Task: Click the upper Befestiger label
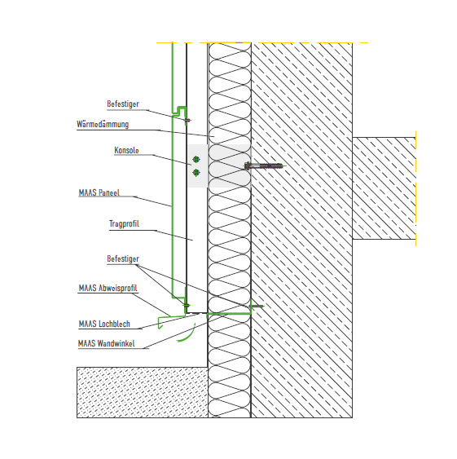(x=123, y=104)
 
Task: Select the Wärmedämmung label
(x=103, y=124)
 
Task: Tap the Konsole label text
(x=126, y=150)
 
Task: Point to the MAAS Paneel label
(x=99, y=192)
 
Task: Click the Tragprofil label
(x=124, y=223)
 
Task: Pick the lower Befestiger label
(x=123, y=258)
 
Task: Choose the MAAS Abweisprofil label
(x=108, y=288)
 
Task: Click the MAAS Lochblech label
(x=104, y=324)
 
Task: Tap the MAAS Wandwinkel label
(x=107, y=343)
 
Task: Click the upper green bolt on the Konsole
(x=196, y=159)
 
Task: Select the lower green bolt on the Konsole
(x=196, y=173)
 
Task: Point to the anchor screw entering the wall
(x=264, y=166)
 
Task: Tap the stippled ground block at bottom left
(x=143, y=392)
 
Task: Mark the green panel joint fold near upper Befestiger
(x=179, y=111)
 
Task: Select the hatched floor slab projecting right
(x=384, y=188)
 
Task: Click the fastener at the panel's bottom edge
(x=187, y=305)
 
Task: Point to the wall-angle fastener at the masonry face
(x=257, y=307)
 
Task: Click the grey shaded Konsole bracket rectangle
(x=219, y=166)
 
